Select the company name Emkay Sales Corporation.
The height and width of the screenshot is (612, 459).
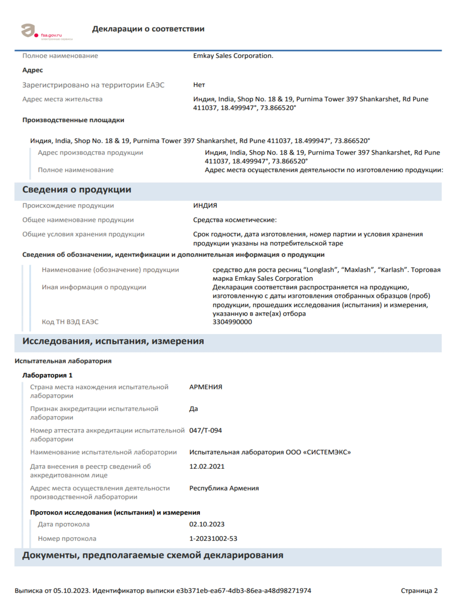pyautogui.click(x=233, y=56)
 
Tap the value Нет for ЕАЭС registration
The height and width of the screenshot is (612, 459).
pyautogui.click(x=199, y=85)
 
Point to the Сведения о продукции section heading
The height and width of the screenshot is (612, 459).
pyautogui.click(x=77, y=190)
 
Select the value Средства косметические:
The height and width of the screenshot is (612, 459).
pyautogui.click(x=235, y=220)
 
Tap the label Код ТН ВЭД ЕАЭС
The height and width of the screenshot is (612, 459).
pyautogui.click(x=70, y=322)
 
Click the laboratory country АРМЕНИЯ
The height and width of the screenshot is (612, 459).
pyautogui.click(x=206, y=387)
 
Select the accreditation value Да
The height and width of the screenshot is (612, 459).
pyautogui.click(x=193, y=409)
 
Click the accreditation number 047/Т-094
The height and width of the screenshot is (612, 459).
pyautogui.click(x=205, y=430)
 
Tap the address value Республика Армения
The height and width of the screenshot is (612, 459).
pyautogui.click(x=224, y=488)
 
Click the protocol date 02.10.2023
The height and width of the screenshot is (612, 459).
pyautogui.click(x=207, y=524)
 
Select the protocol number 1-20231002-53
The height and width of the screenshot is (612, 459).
pyautogui.click(x=213, y=539)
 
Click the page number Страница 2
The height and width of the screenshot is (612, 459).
pyautogui.click(x=419, y=591)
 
